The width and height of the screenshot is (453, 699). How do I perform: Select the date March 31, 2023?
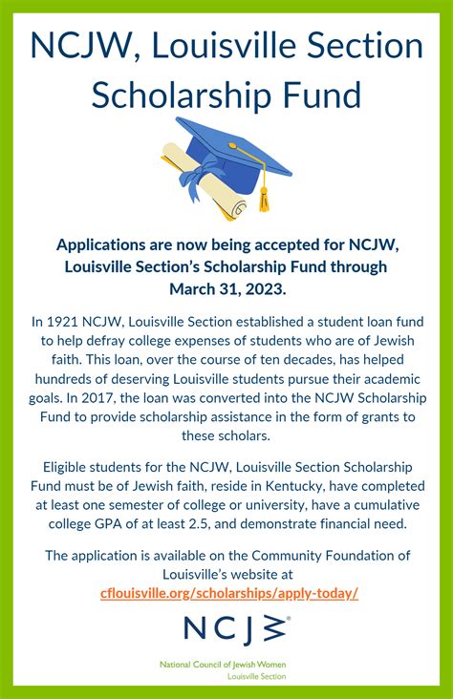(x=226, y=287)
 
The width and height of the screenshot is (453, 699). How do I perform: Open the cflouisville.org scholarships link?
(x=229, y=592)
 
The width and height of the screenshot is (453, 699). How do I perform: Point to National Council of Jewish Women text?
(x=223, y=664)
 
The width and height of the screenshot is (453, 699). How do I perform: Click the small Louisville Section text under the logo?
(x=256, y=675)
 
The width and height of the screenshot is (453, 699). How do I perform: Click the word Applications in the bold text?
(x=98, y=245)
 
